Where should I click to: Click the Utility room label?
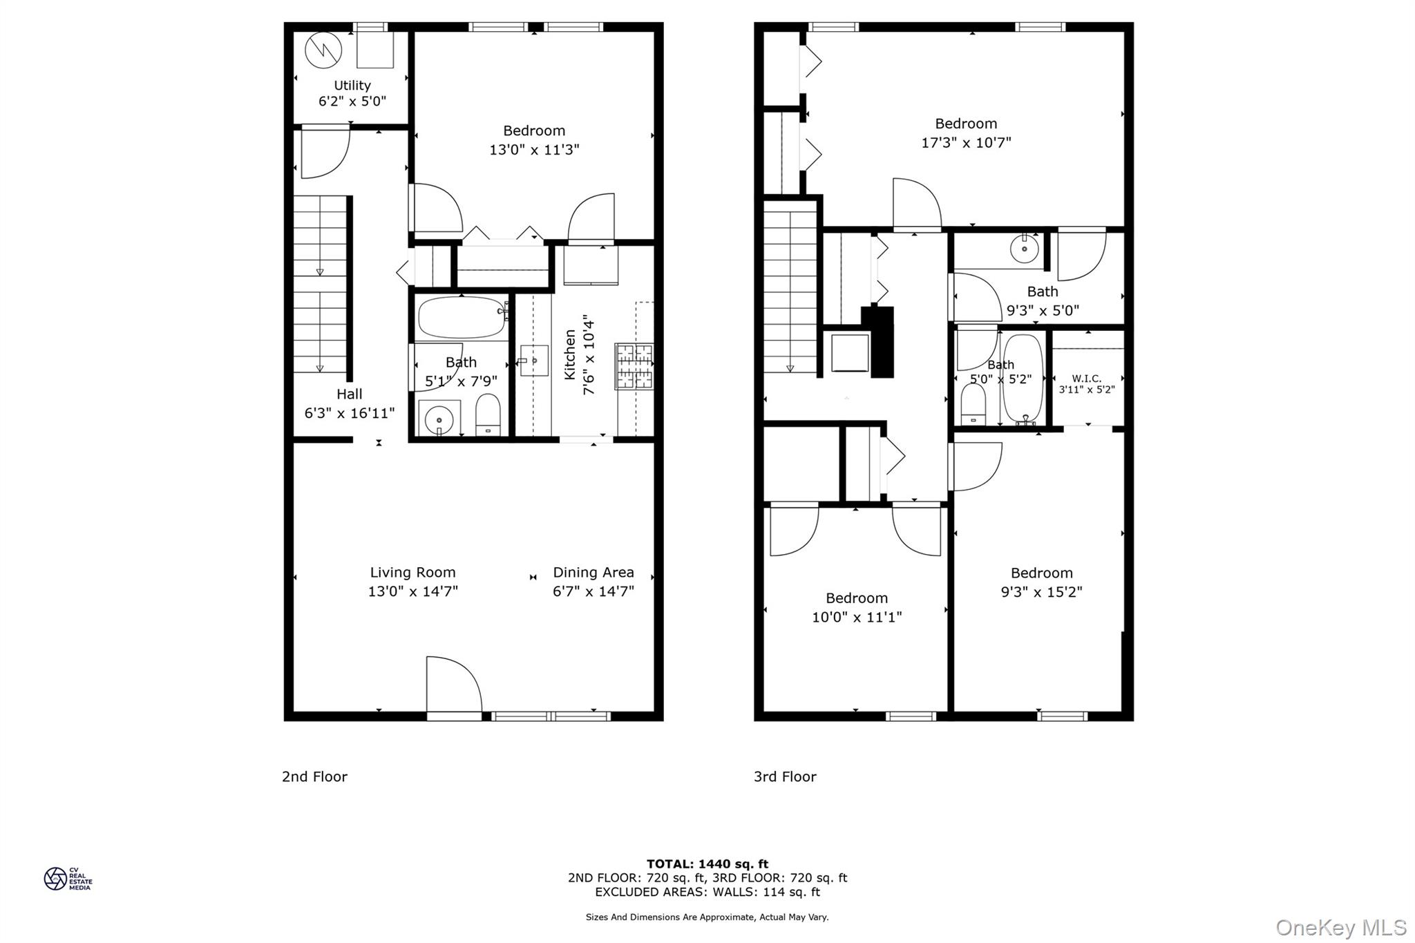pyautogui.click(x=352, y=85)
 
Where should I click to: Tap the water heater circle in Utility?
pyautogui.click(x=323, y=50)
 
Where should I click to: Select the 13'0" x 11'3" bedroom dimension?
pyautogui.click(x=534, y=149)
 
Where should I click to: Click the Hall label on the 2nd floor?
pyautogui.click(x=349, y=394)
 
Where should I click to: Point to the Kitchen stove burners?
pyautogui.click(x=634, y=366)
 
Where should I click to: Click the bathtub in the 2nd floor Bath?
pyautogui.click(x=462, y=317)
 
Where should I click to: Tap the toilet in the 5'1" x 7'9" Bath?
pyautogui.click(x=488, y=415)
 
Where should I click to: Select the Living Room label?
pyautogui.click(x=412, y=572)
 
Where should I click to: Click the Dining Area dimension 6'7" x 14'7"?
pyautogui.click(x=593, y=591)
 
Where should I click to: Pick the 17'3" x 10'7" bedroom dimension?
pyautogui.click(x=966, y=142)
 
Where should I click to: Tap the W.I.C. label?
pyautogui.click(x=1086, y=378)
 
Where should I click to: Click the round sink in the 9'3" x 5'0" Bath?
pyautogui.click(x=1024, y=248)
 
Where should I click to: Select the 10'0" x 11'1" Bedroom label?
pyautogui.click(x=856, y=598)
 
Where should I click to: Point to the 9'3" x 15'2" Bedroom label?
pyautogui.click(x=1041, y=573)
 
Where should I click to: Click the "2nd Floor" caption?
pyautogui.click(x=314, y=777)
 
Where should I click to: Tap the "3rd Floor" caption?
pyautogui.click(x=785, y=777)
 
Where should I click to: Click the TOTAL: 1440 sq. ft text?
pyautogui.click(x=707, y=864)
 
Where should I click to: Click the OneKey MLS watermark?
pyautogui.click(x=1340, y=927)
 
